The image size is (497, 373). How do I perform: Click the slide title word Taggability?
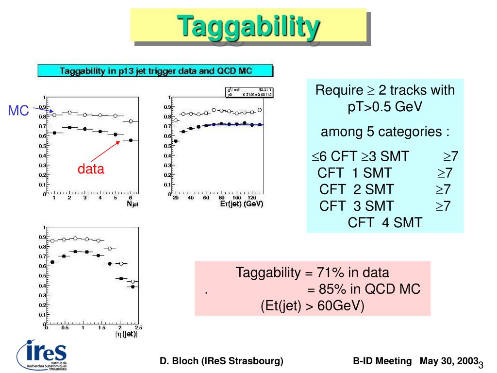[248, 26]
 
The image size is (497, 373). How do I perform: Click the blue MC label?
[18, 111]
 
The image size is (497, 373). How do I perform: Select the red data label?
[91, 169]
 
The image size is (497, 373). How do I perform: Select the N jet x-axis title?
[133, 204]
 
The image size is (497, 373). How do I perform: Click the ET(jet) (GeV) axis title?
[241, 204]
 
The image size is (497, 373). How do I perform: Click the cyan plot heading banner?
[155, 71]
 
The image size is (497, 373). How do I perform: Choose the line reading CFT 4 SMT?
[385, 222]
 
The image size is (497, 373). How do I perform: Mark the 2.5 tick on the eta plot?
[138, 327]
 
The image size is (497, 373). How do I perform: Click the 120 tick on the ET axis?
[252, 198]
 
